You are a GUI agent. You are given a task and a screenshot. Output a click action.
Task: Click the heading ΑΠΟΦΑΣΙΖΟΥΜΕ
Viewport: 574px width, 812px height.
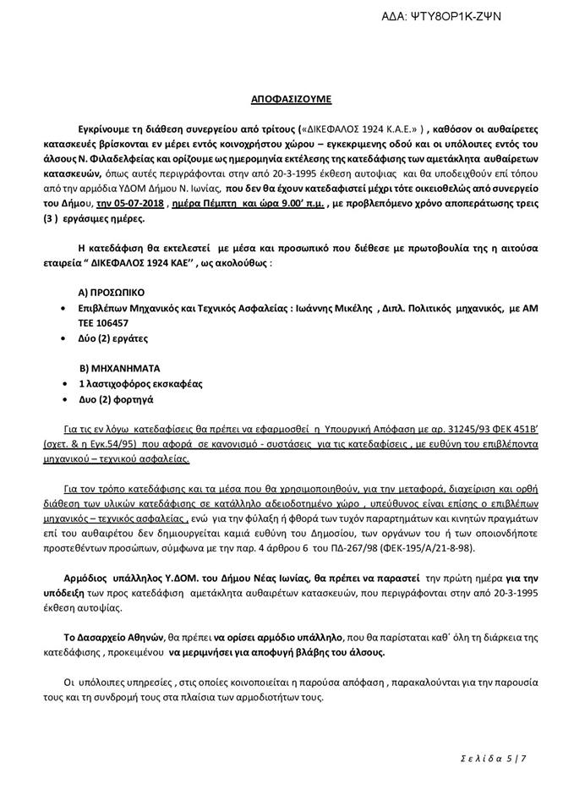[287, 99]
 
